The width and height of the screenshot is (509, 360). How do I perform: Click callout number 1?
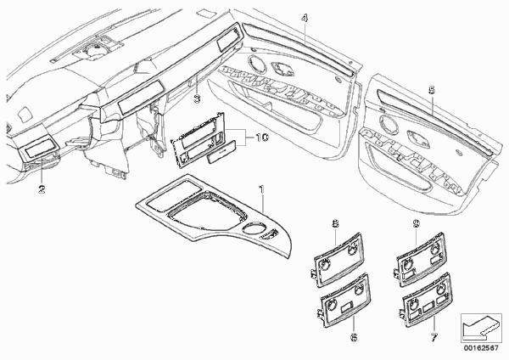pyautogui.click(x=261, y=188)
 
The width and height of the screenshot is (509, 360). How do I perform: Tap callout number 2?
pyautogui.click(x=42, y=188)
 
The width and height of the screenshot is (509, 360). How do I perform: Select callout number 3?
pyautogui.click(x=197, y=98)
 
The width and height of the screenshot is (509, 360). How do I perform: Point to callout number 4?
pyautogui.click(x=305, y=18)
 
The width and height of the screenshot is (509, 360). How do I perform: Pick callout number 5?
pyautogui.click(x=432, y=90)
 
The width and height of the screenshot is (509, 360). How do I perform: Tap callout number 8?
pyautogui.click(x=335, y=223)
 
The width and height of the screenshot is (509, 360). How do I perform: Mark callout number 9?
pyautogui.click(x=417, y=223)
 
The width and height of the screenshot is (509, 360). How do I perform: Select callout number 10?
pyautogui.click(x=262, y=138)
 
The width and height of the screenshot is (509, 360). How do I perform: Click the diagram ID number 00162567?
pyautogui.click(x=481, y=348)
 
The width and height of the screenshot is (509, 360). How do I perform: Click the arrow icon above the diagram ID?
pyautogui.click(x=481, y=326)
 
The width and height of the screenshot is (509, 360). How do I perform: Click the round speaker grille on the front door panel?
pyautogui.click(x=257, y=63)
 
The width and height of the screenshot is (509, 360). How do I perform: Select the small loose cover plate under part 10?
pyautogui.click(x=222, y=153)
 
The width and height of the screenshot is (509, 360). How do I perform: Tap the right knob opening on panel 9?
pyautogui.click(x=435, y=250)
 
